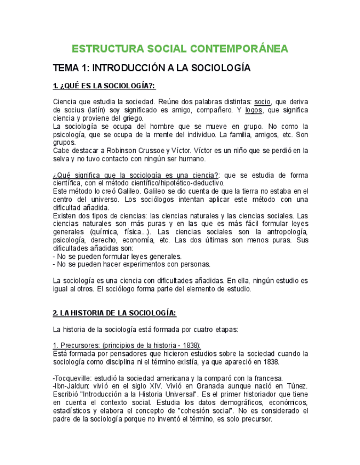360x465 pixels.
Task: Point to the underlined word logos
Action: point(254,110)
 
